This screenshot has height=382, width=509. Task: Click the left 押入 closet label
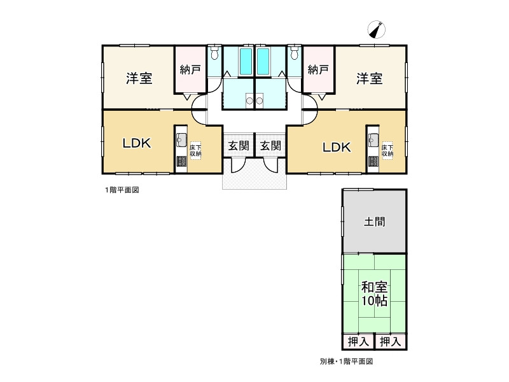click(x=359, y=342)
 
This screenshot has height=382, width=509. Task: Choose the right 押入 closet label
click(x=391, y=342)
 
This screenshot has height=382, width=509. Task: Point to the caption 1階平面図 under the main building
click(x=122, y=190)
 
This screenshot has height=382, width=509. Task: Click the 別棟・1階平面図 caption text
click(x=346, y=361)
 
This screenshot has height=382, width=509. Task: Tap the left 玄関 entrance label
click(x=239, y=146)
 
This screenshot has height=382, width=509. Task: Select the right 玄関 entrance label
click(x=270, y=146)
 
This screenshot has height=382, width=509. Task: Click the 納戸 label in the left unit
click(x=190, y=69)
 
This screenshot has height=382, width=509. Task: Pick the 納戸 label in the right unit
click(x=318, y=69)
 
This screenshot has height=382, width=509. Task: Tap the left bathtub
click(x=246, y=61)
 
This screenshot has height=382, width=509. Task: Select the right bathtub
click(x=263, y=61)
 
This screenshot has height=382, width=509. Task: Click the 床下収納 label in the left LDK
click(x=195, y=150)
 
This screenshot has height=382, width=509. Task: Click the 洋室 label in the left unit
click(x=139, y=79)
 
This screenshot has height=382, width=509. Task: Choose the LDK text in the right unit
click(x=336, y=147)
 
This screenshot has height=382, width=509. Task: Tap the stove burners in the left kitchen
click(x=181, y=161)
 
